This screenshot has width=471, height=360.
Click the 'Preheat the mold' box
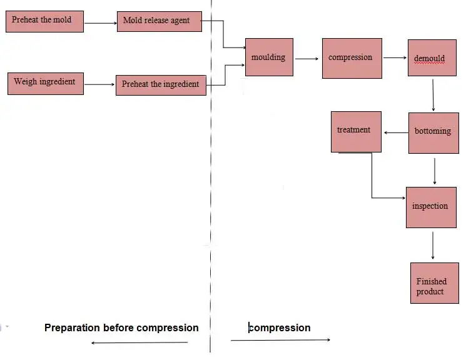pos(44,21)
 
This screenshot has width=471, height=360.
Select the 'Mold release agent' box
pos(161,21)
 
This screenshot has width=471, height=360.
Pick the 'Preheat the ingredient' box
pos(161,84)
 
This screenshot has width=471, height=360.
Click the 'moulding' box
pos(269,57)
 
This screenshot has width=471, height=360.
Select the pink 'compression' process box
pos(352,58)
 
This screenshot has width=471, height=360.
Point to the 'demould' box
pos(432,59)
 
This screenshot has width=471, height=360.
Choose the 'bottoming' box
pos(433,132)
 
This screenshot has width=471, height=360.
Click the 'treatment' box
pos(355,131)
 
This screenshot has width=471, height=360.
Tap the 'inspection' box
pos(430,206)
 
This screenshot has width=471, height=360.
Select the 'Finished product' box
pos(434,283)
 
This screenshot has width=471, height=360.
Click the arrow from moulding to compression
pos(307,59)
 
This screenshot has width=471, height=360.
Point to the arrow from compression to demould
pos(395,58)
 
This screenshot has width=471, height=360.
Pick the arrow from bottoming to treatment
pos(395,132)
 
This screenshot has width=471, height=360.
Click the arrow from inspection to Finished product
pos(432,245)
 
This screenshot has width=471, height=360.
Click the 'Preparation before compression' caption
pos(121,327)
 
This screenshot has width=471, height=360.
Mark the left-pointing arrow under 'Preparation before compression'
pos(139,342)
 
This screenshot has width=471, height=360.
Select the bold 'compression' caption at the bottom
pos(280,327)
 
